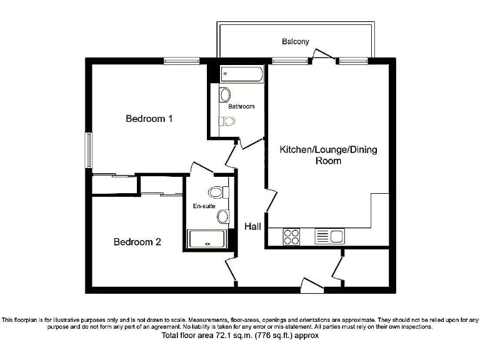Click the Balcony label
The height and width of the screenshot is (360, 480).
click(295, 42)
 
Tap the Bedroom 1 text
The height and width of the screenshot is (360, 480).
click(149, 118)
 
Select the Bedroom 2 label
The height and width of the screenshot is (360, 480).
click(137, 242)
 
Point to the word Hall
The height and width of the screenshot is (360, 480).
click(252, 227)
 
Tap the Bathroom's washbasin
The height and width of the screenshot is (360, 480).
click(225, 95)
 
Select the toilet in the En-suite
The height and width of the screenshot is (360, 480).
click(217, 191)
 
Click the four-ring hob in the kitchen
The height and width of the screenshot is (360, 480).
click(292, 237)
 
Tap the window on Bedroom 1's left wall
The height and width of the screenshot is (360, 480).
click(89, 151)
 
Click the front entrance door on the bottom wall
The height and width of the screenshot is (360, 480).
click(312, 286)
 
